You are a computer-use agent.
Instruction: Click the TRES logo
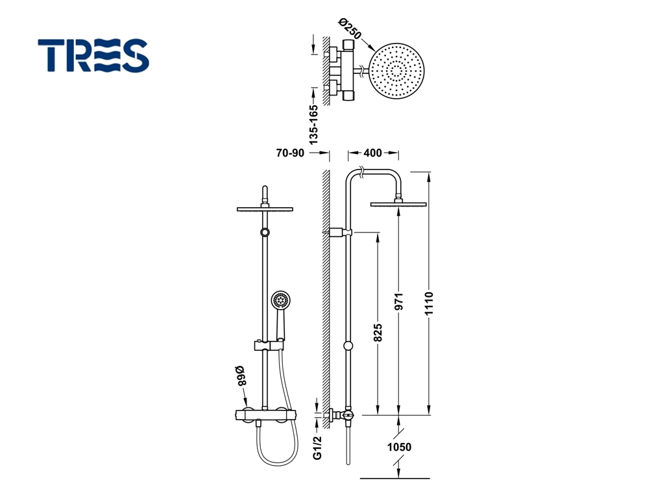[x=93, y=56]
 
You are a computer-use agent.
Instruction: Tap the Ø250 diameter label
[x=350, y=28]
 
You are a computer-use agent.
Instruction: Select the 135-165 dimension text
[x=313, y=125]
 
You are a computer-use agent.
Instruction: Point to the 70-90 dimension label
[x=290, y=153]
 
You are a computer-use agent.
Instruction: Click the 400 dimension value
[x=372, y=153]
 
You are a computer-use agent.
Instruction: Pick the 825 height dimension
[x=378, y=333]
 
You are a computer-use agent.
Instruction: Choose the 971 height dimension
[x=399, y=301]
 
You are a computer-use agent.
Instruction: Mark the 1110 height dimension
[x=430, y=303]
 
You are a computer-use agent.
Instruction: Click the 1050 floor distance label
[x=399, y=447]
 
